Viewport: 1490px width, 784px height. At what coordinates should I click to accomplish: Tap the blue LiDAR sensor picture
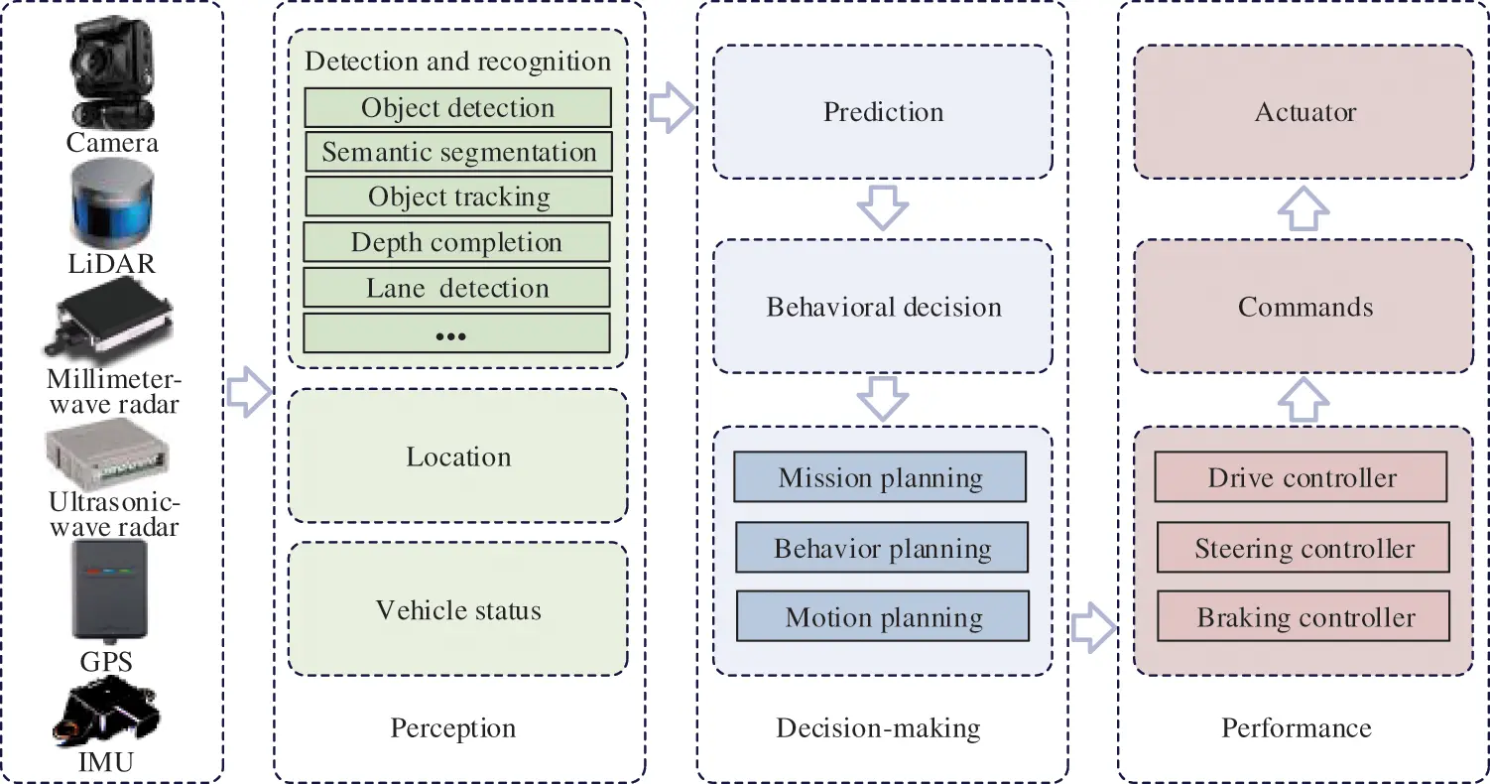(111, 206)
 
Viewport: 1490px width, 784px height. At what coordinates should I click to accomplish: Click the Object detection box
(457, 107)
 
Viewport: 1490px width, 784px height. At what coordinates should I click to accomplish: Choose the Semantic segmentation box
(457, 152)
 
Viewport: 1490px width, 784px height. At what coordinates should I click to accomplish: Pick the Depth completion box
(456, 242)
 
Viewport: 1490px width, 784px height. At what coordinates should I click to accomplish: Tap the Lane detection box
(456, 288)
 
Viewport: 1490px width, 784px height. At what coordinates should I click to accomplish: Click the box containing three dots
(456, 333)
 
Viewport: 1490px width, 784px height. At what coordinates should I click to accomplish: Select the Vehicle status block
(457, 608)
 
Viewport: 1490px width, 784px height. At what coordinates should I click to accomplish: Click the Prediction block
(882, 111)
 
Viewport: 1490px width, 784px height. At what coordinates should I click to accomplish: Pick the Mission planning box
(880, 477)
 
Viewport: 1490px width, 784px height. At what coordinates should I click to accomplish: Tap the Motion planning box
(883, 617)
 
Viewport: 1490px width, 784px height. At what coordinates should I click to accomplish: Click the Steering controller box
(1304, 548)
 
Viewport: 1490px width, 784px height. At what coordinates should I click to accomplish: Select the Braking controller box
(1304, 617)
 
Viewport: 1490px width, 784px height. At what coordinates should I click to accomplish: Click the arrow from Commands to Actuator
(1303, 208)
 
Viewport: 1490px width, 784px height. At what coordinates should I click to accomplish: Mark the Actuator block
(1304, 111)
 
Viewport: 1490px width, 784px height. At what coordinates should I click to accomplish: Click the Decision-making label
(878, 728)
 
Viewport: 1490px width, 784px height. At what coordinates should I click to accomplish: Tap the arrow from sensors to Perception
(249, 392)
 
